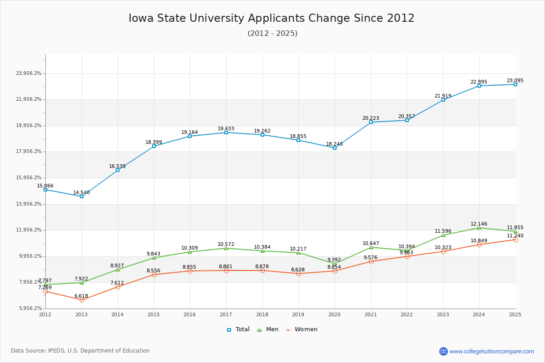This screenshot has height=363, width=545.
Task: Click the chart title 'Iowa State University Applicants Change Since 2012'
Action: (x=272, y=18)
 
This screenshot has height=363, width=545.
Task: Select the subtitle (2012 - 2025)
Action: (x=272, y=34)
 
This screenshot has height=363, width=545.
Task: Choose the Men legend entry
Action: (x=268, y=329)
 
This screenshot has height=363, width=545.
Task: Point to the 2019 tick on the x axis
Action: (x=298, y=314)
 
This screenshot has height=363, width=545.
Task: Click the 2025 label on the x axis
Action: (x=515, y=314)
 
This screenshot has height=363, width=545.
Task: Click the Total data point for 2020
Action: (x=335, y=148)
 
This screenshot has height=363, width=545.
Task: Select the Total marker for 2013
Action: (x=82, y=196)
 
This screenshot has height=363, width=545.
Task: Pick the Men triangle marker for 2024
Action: (x=479, y=228)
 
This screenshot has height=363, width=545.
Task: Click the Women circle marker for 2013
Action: (x=82, y=300)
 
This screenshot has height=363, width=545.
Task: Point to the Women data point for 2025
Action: (x=515, y=240)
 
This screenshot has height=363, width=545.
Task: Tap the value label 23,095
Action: (x=515, y=81)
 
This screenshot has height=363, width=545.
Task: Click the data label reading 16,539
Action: (x=117, y=167)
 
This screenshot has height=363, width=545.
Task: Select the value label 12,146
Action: (x=479, y=224)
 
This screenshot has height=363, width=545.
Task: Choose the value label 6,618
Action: (x=81, y=296)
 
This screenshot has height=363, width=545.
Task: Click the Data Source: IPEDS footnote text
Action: (x=80, y=351)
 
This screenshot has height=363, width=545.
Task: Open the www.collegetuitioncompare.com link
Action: (x=491, y=351)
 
